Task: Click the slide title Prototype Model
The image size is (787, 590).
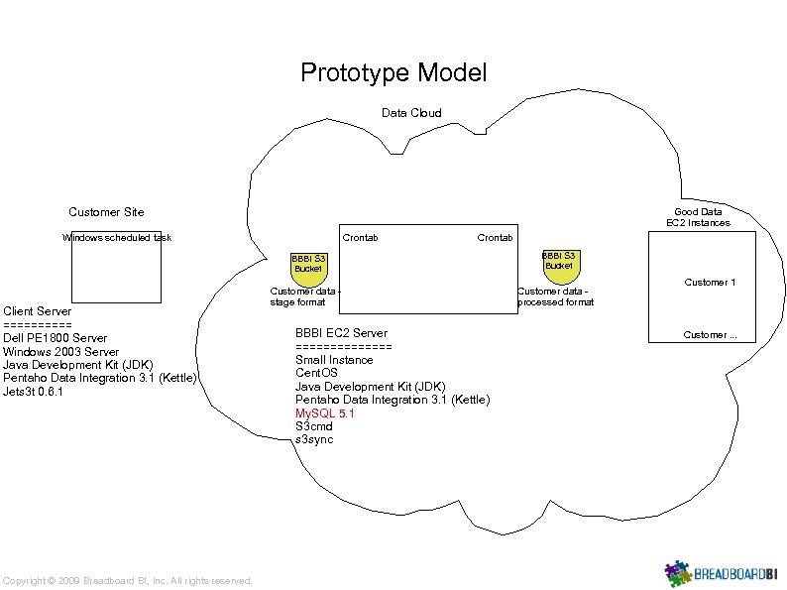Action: tap(393, 72)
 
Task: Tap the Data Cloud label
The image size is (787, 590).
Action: tap(411, 113)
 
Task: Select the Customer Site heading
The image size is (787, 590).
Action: tap(106, 211)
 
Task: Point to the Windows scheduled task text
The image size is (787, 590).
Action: tap(116, 238)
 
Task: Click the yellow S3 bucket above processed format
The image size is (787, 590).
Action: tap(558, 261)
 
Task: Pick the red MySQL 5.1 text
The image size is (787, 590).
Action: tap(324, 413)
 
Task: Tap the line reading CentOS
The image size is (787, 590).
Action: tap(316, 373)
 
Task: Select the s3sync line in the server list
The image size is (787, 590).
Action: tap(314, 439)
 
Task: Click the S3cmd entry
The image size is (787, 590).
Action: tap(314, 426)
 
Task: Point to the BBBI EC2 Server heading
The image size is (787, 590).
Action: tap(341, 333)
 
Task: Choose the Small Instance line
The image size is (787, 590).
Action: tap(334, 360)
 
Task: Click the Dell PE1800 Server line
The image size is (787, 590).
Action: tap(56, 338)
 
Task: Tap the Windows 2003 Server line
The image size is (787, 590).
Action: tap(60, 351)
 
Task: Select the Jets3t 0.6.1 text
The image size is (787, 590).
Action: tap(34, 392)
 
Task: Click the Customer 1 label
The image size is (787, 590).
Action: tap(710, 283)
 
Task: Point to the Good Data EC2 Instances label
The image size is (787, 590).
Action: tap(698, 217)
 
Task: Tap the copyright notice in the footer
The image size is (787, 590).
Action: tap(128, 580)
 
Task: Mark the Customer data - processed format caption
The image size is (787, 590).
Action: tap(555, 296)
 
